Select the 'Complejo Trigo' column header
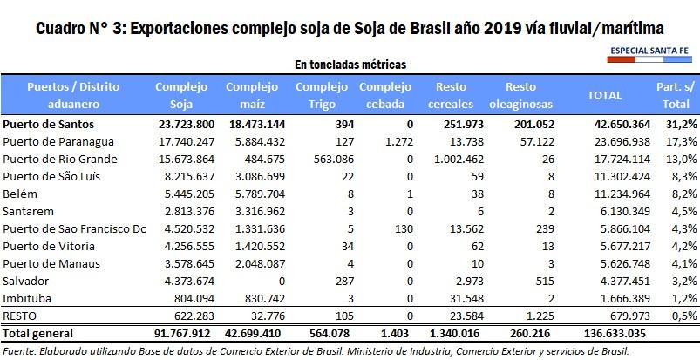tap(317, 94)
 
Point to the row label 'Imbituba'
tap(27, 297)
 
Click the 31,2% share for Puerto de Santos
tap(680, 124)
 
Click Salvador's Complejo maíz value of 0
tap(275, 281)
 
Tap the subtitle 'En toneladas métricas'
tap(349, 65)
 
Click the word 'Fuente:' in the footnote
tap(21, 350)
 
